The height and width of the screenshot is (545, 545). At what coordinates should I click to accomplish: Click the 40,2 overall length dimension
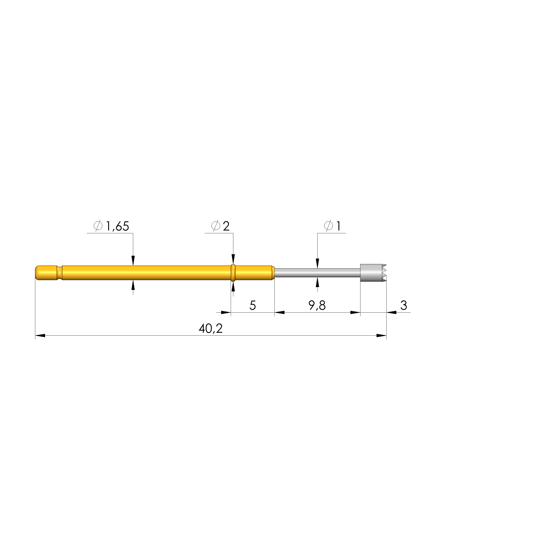pyautogui.click(x=210, y=328)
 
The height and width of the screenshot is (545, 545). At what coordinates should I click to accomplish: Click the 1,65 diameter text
pyautogui.click(x=117, y=226)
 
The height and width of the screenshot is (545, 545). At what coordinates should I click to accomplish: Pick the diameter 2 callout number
pyautogui.click(x=226, y=226)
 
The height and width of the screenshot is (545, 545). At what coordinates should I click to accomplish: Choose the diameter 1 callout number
pyautogui.click(x=338, y=226)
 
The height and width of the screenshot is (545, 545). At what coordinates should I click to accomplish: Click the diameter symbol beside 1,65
pyautogui.click(x=98, y=226)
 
